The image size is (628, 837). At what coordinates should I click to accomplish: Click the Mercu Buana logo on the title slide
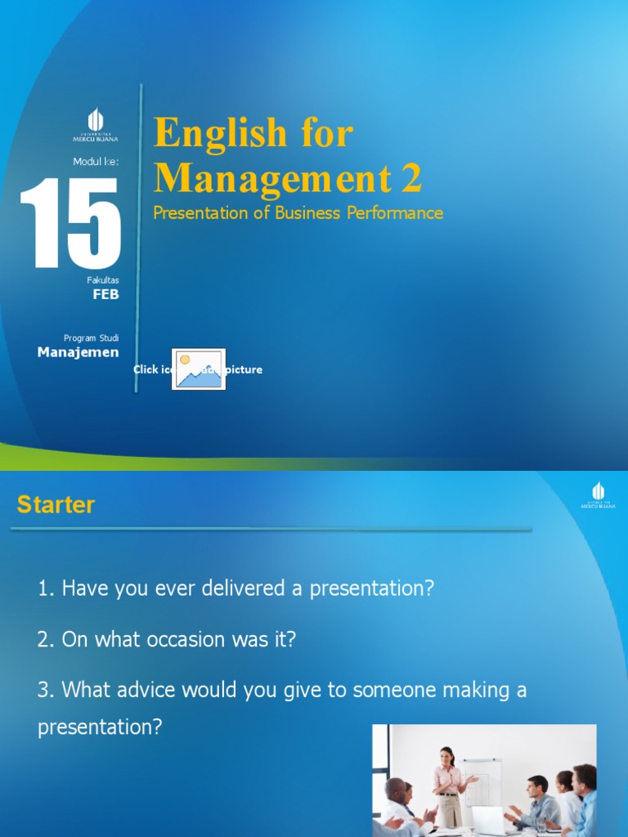click(96, 125)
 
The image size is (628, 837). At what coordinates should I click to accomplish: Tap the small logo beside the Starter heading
click(598, 495)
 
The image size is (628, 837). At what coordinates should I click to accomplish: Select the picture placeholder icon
click(198, 369)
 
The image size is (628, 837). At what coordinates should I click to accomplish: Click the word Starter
click(56, 505)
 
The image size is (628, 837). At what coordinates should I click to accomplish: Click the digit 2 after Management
click(411, 177)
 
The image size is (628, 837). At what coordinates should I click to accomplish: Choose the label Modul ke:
click(96, 162)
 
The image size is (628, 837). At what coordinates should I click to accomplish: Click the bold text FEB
click(105, 294)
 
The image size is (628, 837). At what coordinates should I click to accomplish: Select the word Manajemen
click(78, 352)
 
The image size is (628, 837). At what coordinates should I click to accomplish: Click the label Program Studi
click(91, 338)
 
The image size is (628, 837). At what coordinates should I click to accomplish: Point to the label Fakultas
click(103, 280)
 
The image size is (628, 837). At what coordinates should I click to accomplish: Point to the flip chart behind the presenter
click(482, 785)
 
